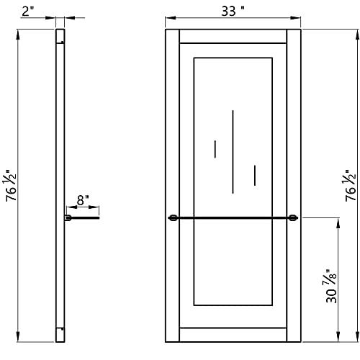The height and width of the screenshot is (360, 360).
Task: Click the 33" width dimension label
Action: point(233,11)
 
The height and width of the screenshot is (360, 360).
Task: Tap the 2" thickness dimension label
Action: point(28,11)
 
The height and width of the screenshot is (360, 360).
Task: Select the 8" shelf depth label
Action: point(83,200)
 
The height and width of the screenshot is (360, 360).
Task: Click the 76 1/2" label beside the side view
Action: point(11,185)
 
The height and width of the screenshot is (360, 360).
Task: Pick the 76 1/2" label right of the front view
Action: point(351,185)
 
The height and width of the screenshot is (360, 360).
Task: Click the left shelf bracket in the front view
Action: point(173,218)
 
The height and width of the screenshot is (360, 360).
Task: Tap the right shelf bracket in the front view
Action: point(293,218)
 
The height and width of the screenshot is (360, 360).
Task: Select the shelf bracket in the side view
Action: point(68,218)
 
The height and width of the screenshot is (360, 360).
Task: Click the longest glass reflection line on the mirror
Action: point(233,152)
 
